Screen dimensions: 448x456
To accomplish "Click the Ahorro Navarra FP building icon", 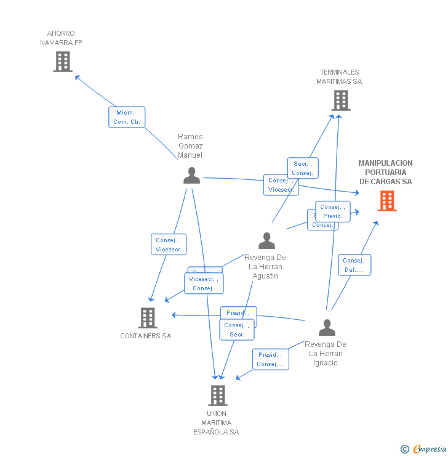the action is (63, 62).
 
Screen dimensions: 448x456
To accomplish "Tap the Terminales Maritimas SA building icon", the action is (340, 100).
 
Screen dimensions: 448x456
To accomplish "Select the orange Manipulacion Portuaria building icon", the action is (387, 201).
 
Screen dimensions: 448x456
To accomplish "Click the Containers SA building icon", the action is (148, 318).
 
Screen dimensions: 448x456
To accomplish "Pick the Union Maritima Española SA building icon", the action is (217, 395).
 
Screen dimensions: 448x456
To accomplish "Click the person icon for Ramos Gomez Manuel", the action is (191, 176).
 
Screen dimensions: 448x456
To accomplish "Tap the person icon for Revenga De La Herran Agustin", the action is (266, 240).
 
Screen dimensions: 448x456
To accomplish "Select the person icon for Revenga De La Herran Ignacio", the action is (327, 327).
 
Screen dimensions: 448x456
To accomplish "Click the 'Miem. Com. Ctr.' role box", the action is (127, 117).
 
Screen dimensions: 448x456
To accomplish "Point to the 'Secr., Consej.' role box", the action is (303, 168).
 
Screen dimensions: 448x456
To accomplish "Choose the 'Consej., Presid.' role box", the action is (333, 211).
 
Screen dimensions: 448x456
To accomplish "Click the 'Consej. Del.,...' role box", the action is (354, 265).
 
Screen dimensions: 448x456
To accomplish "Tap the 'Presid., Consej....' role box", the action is (270, 359).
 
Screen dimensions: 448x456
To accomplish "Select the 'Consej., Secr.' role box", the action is (237, 330).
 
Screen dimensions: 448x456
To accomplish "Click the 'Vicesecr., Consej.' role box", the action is (204, 283).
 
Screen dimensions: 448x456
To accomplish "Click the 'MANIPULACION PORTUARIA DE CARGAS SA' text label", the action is (386, 173).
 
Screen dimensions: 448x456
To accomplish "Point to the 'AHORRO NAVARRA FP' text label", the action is (61, 38).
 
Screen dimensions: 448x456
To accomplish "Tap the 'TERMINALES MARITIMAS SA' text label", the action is (339, 76).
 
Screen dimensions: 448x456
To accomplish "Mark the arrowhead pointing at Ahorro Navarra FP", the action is (76, 77).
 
